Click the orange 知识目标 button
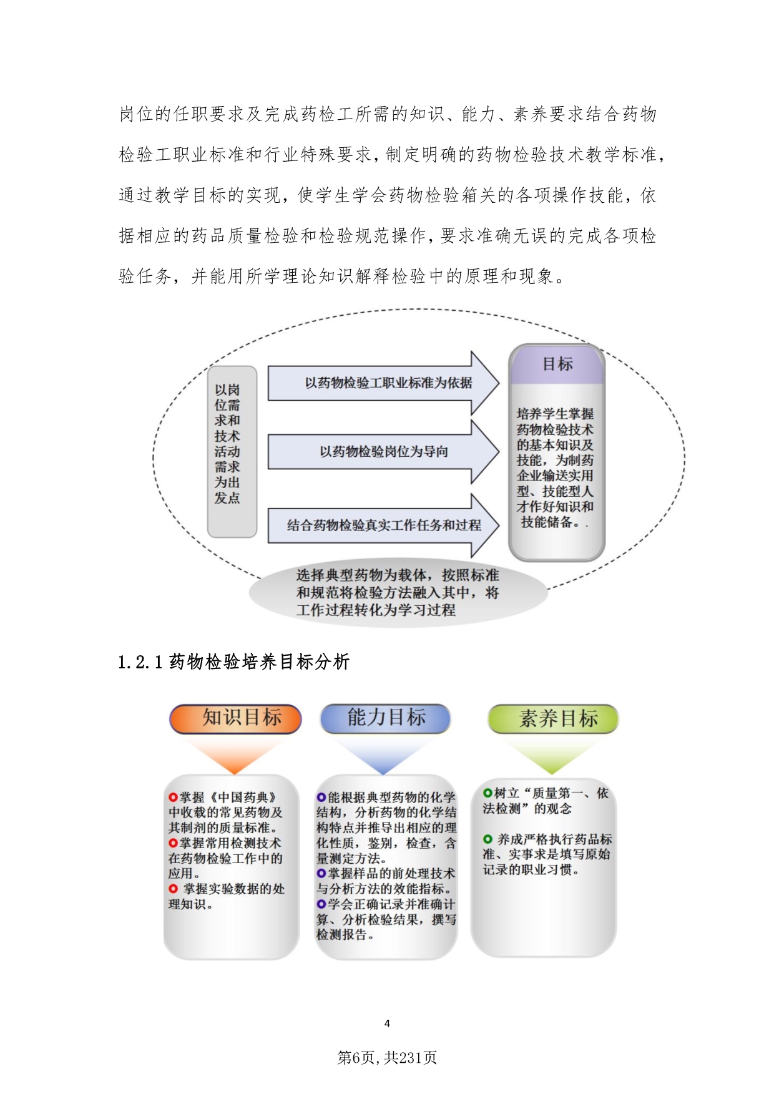click(235, 718)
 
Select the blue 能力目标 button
click(385, 718)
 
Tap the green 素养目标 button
click(553, 719)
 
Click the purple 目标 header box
click(557, 364)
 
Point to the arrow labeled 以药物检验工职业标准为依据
click(383, 383)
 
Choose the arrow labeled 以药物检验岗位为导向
click(383, 452)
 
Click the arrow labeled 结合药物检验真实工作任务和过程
click(383, 525)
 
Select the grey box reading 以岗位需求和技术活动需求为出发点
click(232, 452)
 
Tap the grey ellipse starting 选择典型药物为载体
click(398, 592)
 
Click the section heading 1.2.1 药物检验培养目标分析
click(233, 662)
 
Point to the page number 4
click(387, 1023)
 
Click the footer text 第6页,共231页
click(387, 1057)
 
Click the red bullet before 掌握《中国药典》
click(173, 798)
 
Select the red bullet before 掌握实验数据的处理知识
click(173, 889)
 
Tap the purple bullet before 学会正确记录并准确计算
click(321, 904)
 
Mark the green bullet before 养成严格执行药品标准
click(487, 839)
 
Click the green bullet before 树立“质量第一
click(487, 793)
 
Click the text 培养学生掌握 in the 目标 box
click(556, 414)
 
